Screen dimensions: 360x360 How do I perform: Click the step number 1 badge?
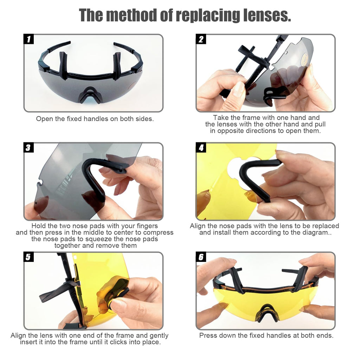(x=29, y=39)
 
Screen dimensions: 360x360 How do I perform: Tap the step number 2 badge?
(x=201, y=39)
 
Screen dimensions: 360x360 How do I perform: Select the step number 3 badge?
(x=29, y=147)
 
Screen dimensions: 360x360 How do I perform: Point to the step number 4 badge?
(x=201, y=147)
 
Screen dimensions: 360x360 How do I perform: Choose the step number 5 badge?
(x=29, y=257)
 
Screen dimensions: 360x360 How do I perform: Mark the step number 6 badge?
(x=201, y=257)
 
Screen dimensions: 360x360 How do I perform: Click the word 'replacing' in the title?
(x=208, y=15)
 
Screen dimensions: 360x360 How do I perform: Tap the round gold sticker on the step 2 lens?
(x=305, y=60)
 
